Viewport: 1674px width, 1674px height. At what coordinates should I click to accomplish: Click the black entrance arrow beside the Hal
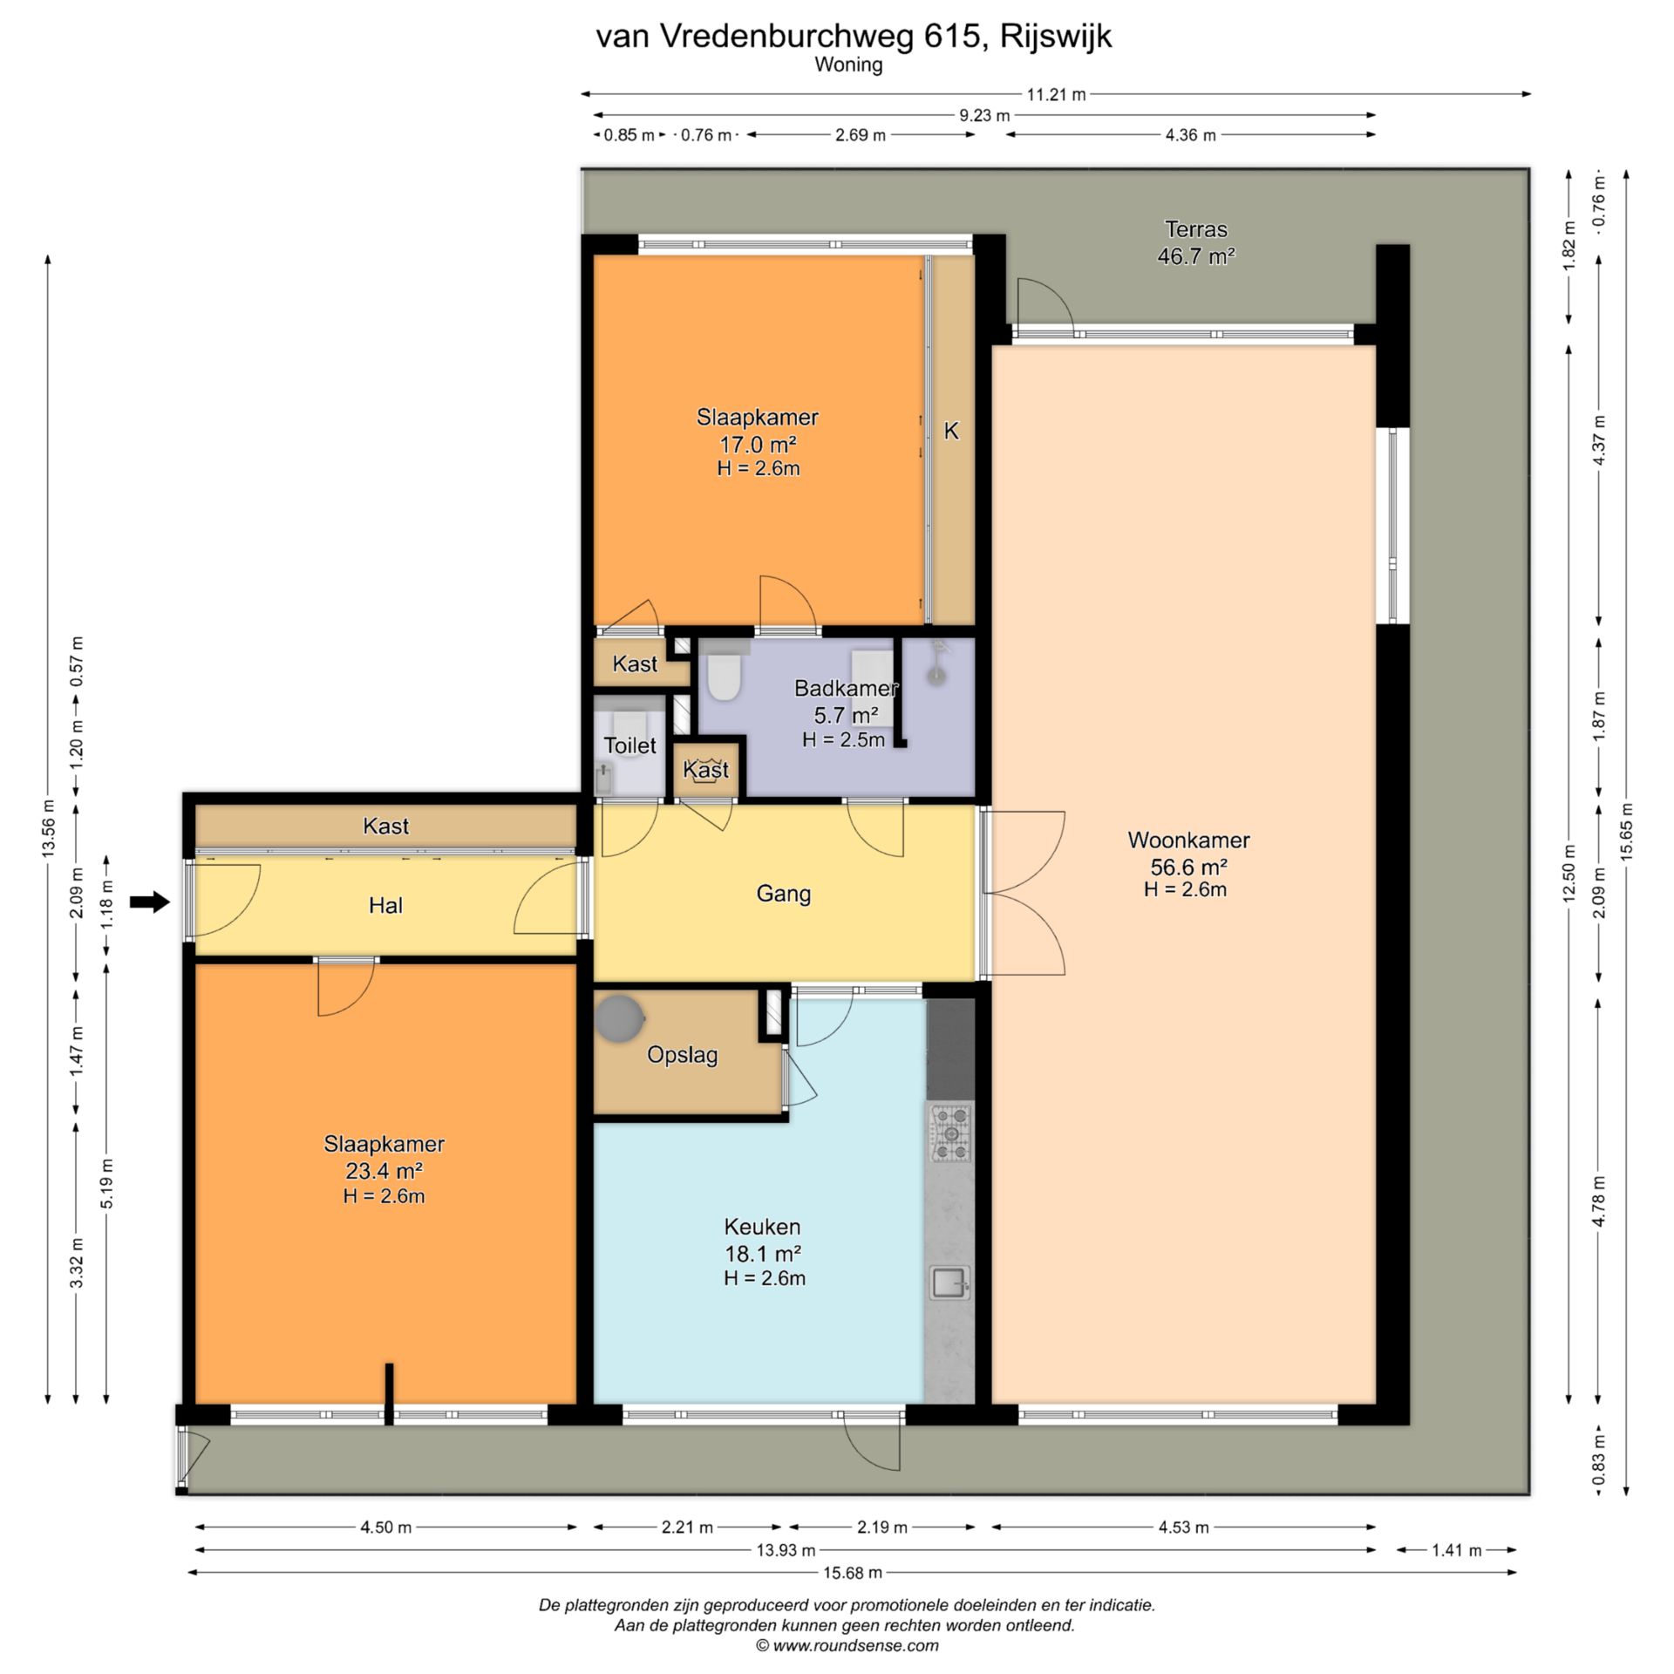(149, 902)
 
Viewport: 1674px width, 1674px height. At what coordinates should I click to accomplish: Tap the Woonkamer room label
(1188, 840)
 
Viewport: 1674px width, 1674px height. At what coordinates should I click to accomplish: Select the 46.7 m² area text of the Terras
(1195, 256)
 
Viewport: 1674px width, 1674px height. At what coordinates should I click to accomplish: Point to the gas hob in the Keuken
(951, 1133)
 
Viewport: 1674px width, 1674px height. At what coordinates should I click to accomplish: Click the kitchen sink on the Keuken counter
(949, 1283)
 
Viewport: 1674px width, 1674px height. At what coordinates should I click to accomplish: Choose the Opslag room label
(682, 1056)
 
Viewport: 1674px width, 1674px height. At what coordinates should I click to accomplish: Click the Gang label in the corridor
(783, 894)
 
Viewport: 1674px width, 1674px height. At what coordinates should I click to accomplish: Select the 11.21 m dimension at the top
(1056, 94)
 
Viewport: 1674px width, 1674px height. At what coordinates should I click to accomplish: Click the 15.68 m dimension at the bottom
(853, 1573)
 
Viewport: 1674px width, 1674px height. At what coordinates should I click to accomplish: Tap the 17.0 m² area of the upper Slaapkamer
(757, 445)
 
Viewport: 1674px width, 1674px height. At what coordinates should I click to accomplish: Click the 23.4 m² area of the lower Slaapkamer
(384, 1171)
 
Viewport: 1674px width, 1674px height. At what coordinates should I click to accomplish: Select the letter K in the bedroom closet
(951, 431)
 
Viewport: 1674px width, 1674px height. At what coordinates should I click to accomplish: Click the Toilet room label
(629, 745)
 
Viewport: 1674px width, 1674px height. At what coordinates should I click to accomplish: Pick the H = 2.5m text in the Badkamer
(843, 740)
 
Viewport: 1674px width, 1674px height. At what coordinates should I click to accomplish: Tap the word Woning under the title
(848, 65)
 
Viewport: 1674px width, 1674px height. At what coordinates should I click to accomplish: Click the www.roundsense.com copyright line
(847, 1646)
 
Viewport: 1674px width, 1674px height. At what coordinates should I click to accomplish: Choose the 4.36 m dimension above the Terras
(1190, 135)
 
